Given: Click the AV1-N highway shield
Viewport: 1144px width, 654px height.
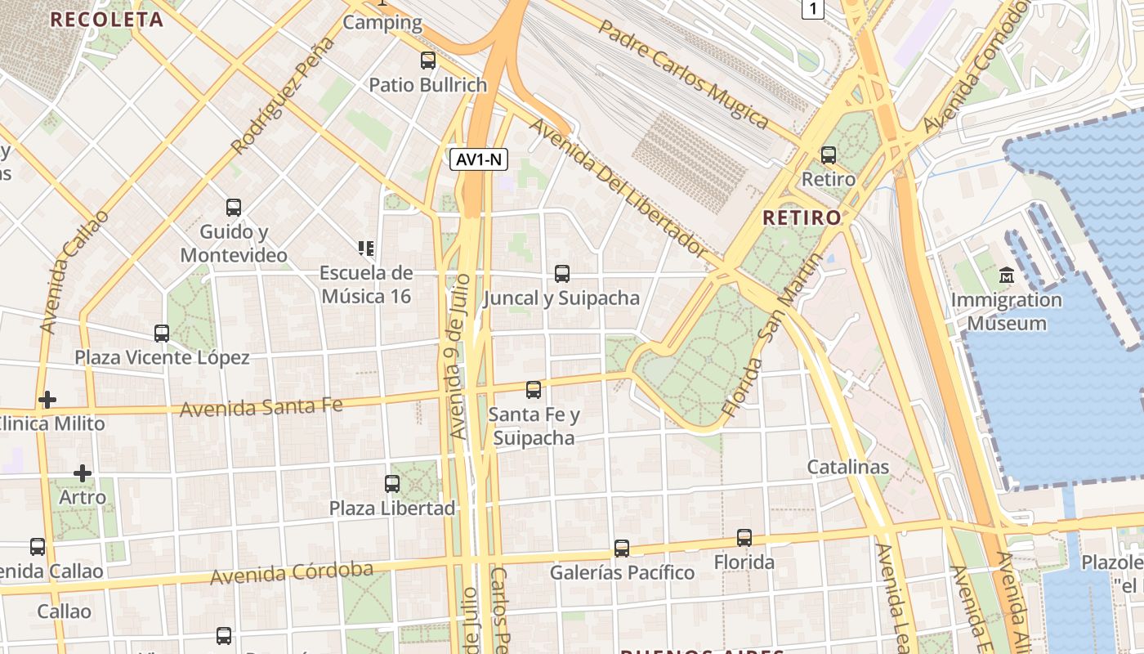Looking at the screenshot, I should pos(479,159).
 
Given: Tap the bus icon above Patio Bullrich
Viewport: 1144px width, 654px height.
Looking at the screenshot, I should pos(428,60).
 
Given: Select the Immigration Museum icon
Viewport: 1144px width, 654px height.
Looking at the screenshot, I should pos(1007,275).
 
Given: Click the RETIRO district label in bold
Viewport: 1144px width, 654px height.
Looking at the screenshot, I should pos(802,217).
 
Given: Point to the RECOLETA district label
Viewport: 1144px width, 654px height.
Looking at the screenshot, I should pos(107,20).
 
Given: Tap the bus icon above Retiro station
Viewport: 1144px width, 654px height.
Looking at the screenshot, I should pos(829,155).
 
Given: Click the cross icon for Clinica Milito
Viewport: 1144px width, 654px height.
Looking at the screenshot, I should pos(47,400).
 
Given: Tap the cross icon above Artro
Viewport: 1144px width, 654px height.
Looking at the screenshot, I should pos(83,473).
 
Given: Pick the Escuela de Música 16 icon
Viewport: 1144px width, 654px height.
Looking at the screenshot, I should pos(365,247).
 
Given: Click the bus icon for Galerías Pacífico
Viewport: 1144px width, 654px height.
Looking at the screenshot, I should pos(622,548).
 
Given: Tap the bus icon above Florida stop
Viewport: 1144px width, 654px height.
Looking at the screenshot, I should pos(744,538).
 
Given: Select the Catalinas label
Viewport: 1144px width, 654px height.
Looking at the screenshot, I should pos(847,467).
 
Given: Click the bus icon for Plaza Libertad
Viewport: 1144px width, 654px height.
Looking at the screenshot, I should pos(392,483).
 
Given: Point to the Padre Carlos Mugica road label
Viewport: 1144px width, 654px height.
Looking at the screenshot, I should pos(684,74).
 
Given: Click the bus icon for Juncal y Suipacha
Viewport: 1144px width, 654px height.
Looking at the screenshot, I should pos(562,273).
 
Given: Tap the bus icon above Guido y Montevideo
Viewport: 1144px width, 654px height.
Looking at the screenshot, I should pos(234,208).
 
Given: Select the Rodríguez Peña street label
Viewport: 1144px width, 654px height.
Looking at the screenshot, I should pos(284,96).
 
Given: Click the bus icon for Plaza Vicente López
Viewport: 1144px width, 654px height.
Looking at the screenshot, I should pos(162,333).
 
